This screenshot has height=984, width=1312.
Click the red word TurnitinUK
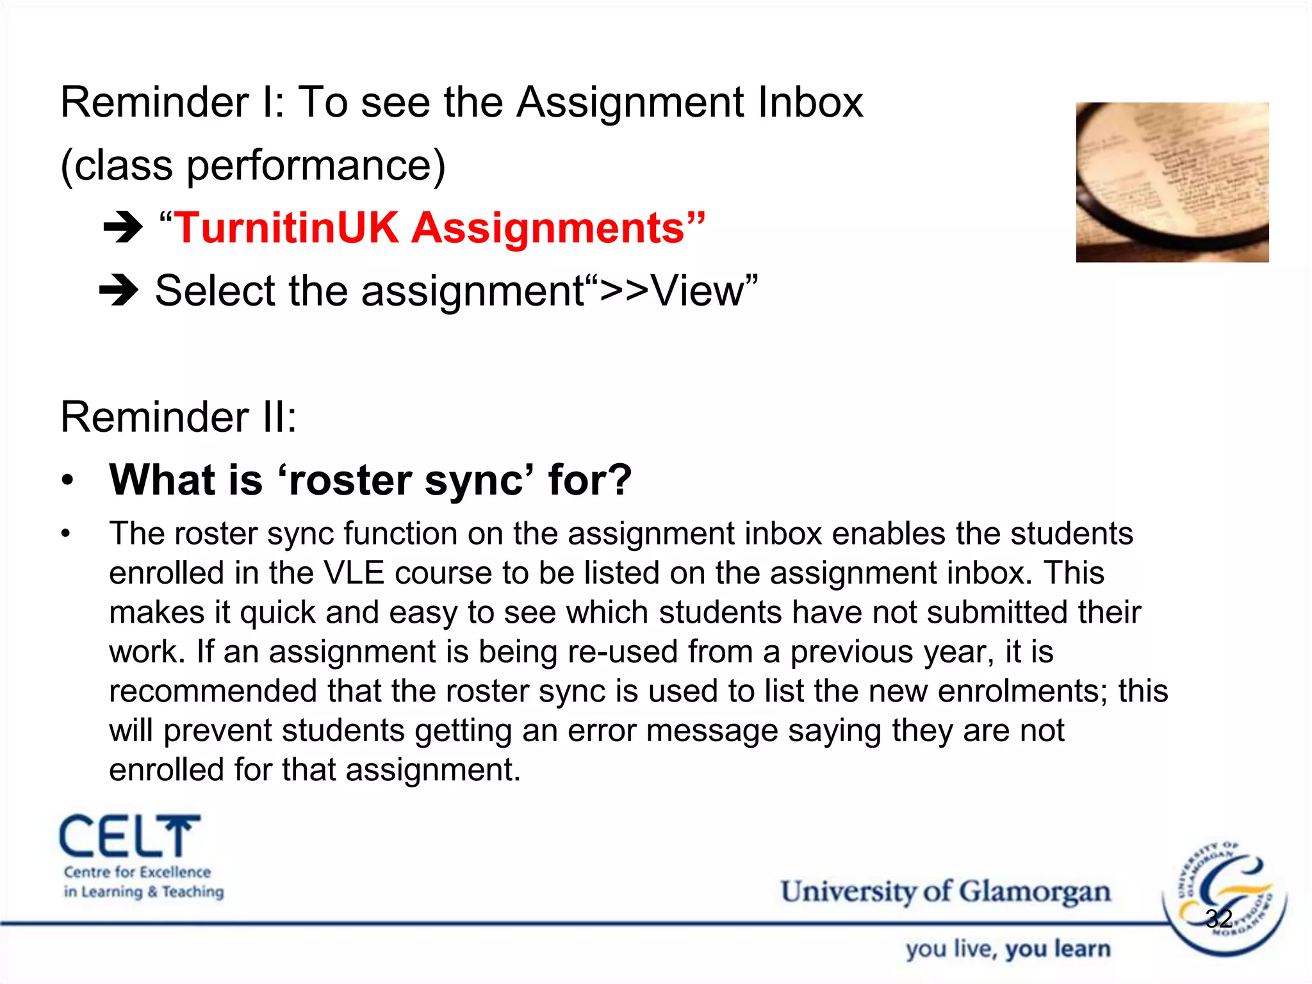286,228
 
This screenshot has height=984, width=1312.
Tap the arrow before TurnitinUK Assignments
122,227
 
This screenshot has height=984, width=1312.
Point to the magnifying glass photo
1172,182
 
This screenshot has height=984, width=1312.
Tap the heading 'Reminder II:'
179,417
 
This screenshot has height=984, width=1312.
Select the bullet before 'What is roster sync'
68,480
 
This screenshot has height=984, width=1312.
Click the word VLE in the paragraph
354,573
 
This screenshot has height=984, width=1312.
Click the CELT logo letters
130,837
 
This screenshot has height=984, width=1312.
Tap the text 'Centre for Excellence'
137,872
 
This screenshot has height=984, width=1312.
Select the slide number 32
1218,919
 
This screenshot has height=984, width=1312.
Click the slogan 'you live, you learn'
1008,949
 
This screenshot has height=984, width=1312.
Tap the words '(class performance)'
252,165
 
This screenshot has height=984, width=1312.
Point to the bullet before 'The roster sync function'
65,534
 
